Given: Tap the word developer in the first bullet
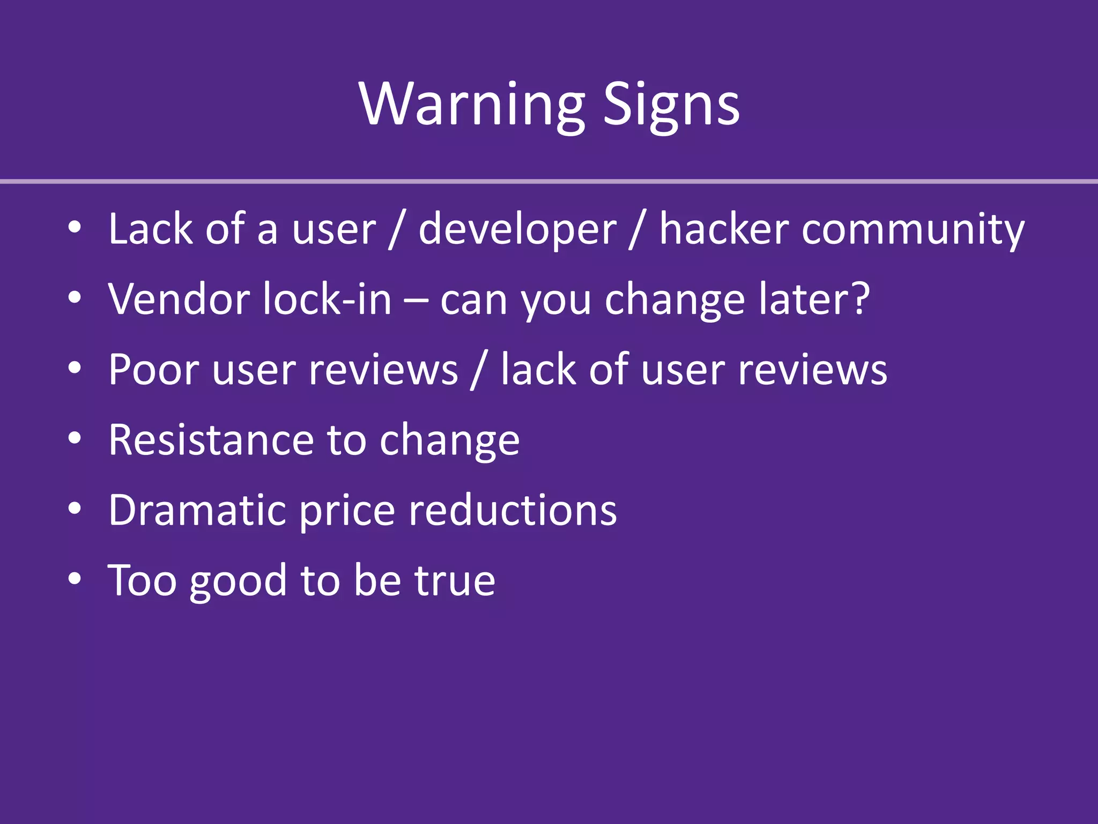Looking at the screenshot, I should (x=517, y=229).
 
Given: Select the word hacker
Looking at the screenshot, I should (x=724, y=229).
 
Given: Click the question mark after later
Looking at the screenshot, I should (x=860, y=299).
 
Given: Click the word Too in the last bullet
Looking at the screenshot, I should (x=142, y=580).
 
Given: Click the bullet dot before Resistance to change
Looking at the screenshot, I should (x=75, y=438).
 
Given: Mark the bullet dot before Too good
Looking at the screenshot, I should (x=75, y=579).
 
